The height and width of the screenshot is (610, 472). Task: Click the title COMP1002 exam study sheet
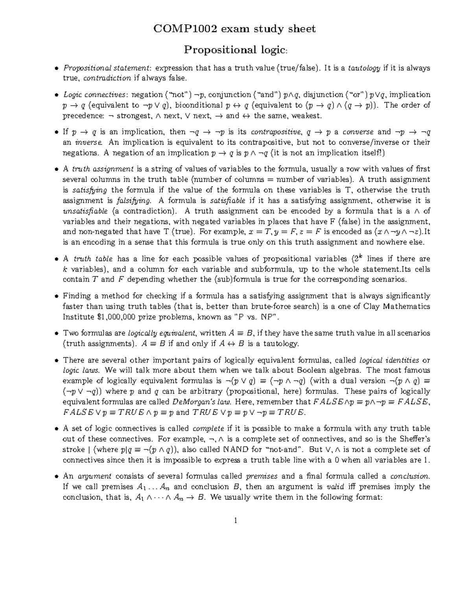coord(235,29)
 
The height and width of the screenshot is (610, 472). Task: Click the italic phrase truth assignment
coord(103,169)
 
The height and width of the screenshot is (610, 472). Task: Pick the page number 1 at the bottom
coord(236,521)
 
